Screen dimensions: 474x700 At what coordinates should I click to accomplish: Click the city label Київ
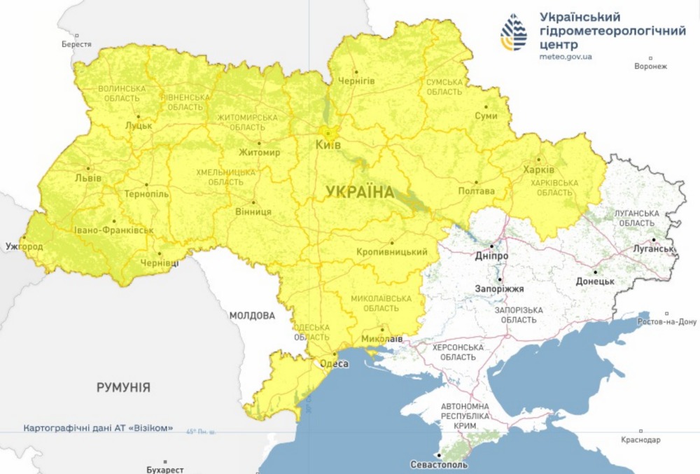click(328, 144)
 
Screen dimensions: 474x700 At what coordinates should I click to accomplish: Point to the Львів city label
click(88, 178)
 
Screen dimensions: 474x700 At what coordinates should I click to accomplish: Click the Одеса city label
click(334, 364)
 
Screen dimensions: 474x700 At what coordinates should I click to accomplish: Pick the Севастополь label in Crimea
click(440, 464)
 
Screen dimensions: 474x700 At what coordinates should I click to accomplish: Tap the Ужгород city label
click(24, 246)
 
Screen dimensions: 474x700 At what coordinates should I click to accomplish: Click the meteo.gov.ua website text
click(566, 56)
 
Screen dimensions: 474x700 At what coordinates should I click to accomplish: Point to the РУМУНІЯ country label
click(124, 387)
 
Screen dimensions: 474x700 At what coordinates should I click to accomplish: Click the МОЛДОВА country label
click(252, 316)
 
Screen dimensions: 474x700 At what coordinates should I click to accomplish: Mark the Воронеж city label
click(650, 67)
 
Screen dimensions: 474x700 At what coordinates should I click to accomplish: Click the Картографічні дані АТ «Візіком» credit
click(98, 428)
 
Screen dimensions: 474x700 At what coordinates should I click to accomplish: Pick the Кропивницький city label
click(392, 251)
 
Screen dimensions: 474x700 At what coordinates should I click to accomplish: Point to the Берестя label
click(76, 44)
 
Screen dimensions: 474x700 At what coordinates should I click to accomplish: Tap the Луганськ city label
click(652, 249)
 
